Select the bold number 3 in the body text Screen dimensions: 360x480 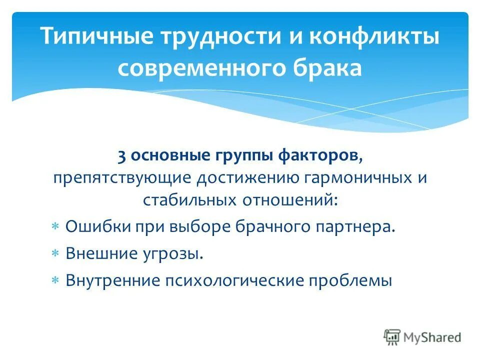tap(121, 156)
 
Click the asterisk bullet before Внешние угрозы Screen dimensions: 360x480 tap(55, 253)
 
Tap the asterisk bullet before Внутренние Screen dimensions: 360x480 tap(55, 281)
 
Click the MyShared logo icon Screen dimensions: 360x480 tap(391, 337)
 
